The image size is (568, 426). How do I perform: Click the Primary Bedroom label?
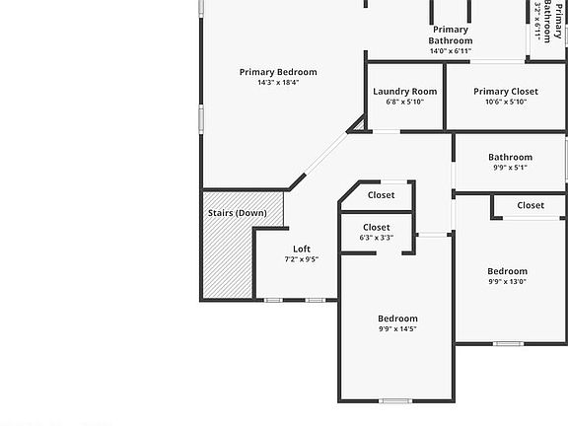tap(278, 72)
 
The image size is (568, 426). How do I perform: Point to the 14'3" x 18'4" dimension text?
tap(278, 83)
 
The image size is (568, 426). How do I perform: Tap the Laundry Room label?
tap(405, 92)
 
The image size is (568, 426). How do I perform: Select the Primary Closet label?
tap(506, 92)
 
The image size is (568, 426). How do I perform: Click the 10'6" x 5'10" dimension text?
tap(506, 103)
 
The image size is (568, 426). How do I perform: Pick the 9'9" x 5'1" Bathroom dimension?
tap(510, 168)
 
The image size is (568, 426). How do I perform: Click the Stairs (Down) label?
tap(238, 213)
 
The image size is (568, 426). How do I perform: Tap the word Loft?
tap(302, 248)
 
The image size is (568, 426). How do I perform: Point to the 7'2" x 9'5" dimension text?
tap(302, 259)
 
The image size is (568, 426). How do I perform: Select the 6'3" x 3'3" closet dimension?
tap(377, 238)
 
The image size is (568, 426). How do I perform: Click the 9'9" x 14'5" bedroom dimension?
tap(397, 329)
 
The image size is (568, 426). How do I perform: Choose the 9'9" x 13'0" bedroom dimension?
tap(507, 282)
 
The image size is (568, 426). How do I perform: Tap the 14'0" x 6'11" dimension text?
tap(451, 51)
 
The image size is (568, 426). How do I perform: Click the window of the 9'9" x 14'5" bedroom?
tap(395, 400)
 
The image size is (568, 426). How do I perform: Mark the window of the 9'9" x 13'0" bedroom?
tap(508, 343)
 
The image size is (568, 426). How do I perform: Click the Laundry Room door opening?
tap(387, 131)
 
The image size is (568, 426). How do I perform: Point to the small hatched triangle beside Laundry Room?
tap(359, 125)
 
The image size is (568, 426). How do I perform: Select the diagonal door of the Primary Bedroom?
tap(325, 154)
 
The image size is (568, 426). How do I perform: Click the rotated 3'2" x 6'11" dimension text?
tap(538, 22)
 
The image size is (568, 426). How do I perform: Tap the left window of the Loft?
tap(273, 300)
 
